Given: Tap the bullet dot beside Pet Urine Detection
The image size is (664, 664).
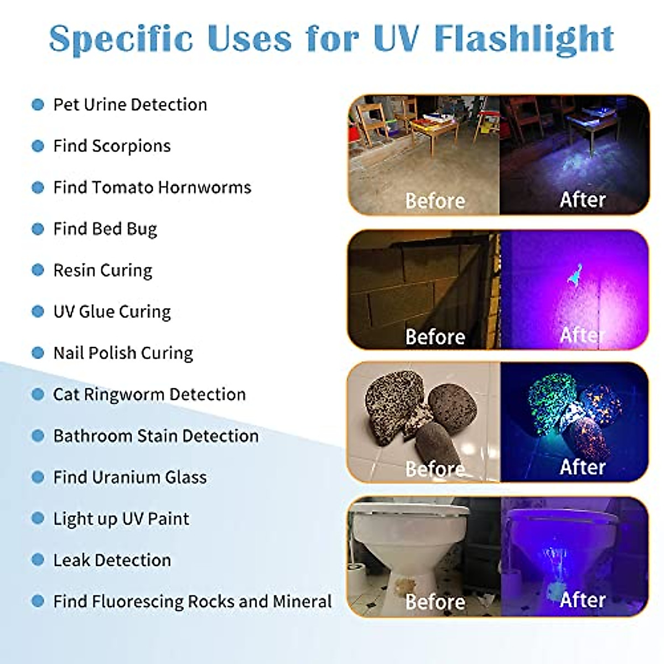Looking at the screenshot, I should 38,105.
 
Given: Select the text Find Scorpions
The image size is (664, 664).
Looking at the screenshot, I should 112,146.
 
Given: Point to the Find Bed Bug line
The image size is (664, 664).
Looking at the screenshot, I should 105,229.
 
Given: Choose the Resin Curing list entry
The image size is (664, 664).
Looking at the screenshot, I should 102,271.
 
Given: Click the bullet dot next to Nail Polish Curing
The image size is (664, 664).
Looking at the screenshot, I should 38,353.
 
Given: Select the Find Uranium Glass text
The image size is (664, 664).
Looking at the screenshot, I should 129,477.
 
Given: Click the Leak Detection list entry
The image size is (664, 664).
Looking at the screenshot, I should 112,560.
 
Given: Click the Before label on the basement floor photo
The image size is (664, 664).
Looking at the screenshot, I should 435,201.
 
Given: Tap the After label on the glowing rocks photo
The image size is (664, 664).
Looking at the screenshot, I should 583,467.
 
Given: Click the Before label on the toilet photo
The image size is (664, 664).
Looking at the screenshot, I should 435,601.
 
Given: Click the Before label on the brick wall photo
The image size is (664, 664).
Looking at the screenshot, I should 435,336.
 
